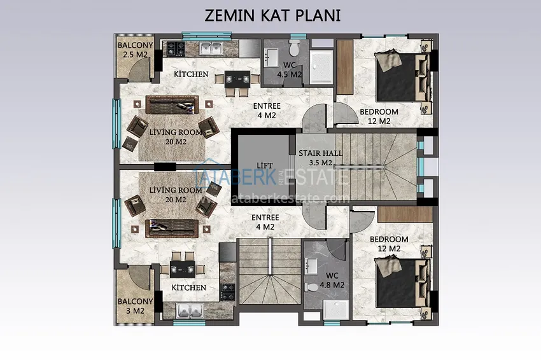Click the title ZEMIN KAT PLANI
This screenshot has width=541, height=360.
(x=272, y=15)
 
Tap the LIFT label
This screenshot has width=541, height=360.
(x=265, y=166)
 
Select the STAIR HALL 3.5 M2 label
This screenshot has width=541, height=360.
(x=321, y=158)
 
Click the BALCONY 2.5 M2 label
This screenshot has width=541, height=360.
(x=135, y=50)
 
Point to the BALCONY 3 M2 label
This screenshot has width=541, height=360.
(x=135, y=306)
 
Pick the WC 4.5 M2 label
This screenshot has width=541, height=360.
(x=290, y=70)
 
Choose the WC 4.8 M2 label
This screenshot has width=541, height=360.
(x=332, y=280)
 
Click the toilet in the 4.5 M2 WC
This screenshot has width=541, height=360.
(x=295, y=48)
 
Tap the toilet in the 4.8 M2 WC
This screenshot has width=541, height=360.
(x=313, y=287)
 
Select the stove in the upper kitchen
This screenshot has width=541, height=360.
(x=176, y=48)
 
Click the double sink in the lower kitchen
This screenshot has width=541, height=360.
(x=189, y=310)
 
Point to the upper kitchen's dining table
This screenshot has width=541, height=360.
(x=237, y=80)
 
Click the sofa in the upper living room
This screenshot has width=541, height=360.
(x=172, y=105)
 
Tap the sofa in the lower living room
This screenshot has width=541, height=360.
(x=172, y=228)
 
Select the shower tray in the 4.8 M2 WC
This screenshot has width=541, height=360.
(x=335, y=309)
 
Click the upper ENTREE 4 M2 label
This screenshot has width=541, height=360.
(x=267, y=111)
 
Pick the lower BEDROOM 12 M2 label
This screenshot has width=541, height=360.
(x=389, y=244)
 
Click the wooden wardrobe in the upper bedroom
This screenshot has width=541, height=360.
(x=345, y=67)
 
